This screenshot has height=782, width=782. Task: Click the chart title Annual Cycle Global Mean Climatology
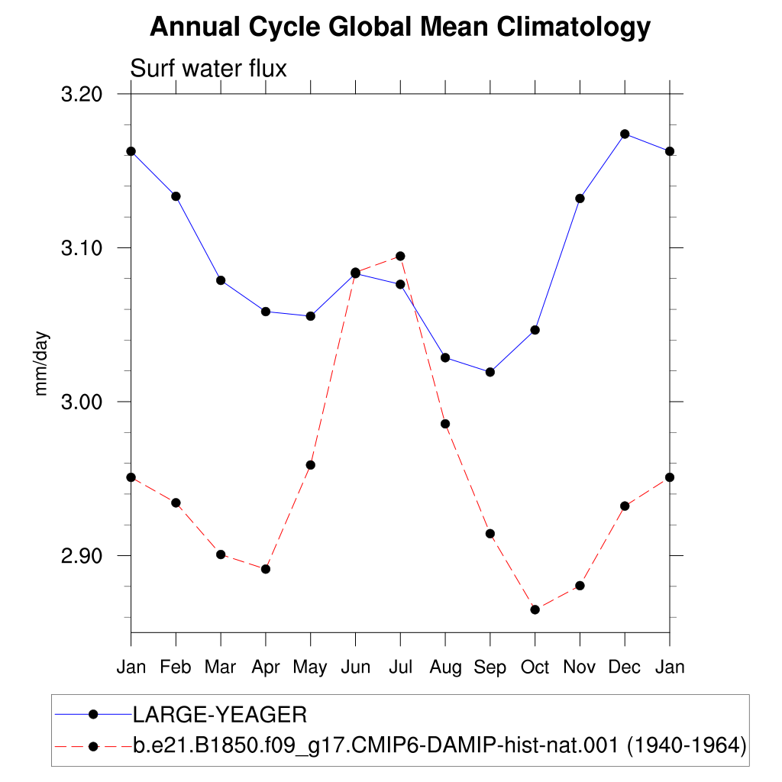coord(400,27)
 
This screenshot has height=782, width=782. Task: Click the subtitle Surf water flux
coord(208,68)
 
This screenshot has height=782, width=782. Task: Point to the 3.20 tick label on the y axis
coord(81,94)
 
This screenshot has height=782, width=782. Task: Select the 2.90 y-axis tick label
coord(81,556)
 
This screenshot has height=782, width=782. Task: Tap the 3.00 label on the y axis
coord(81,402)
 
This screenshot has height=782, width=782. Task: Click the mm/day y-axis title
coord(41,364)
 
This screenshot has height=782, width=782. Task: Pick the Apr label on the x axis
coord(266,667)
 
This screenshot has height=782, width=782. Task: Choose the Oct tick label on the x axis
coord(535,667)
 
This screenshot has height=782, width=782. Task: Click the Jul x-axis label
coord(400,667)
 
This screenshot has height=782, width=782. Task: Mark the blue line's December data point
coord(625,134)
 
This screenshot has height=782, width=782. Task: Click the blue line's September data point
coord(490,372)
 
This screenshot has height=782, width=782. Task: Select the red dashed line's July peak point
coord(400,257)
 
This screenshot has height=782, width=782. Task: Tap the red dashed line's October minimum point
coord(535,610)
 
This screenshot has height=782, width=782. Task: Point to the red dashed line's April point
coord(266,569)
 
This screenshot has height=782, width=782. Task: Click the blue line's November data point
coord(580,199)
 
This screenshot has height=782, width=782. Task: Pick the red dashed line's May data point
coord(311,465)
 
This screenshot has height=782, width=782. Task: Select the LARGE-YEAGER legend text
coord(220,715)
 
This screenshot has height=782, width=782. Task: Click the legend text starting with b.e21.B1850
coord(440,746)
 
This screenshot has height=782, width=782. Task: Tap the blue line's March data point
coord(221,281)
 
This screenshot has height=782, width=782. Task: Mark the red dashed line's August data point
coord(445,425)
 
